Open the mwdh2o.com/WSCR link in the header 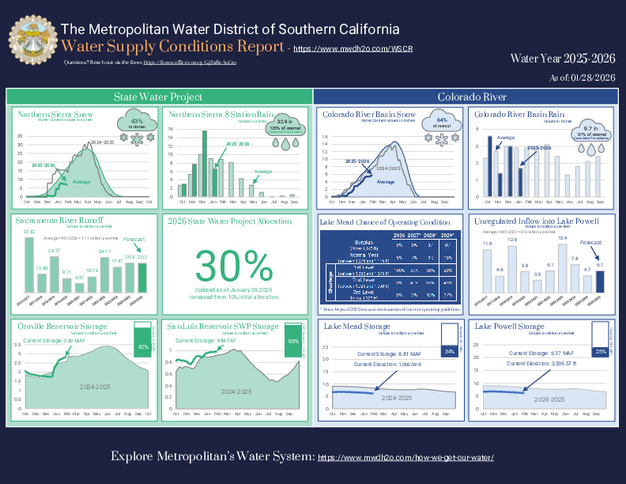tap(332, 48)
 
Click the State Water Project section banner tap(158, 96)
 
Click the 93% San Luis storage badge tap(293, 341)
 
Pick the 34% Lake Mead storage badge tap(449, 350)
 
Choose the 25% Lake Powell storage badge tap(600, 350)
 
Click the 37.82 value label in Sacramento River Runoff tap(29, 232)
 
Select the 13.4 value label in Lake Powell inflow tap(563, 237)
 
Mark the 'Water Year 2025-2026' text tap(562, 59)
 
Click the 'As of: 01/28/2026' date tap(582, 78)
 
